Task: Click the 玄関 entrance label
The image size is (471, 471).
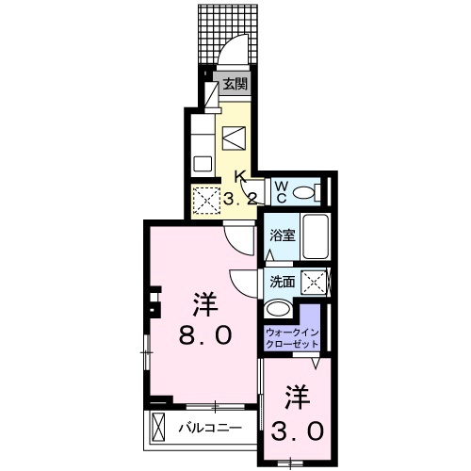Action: [235, 84]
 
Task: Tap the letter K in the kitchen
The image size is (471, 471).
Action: [240, 176]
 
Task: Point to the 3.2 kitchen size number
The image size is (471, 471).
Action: [240, 199]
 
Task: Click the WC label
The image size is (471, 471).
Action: [281, 191]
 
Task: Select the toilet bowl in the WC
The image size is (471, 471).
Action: [304, 192]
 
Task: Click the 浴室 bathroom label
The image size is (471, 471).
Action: [281, 236]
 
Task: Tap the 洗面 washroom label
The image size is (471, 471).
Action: [282, 281]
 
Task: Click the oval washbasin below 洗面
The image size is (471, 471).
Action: [278, 309]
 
